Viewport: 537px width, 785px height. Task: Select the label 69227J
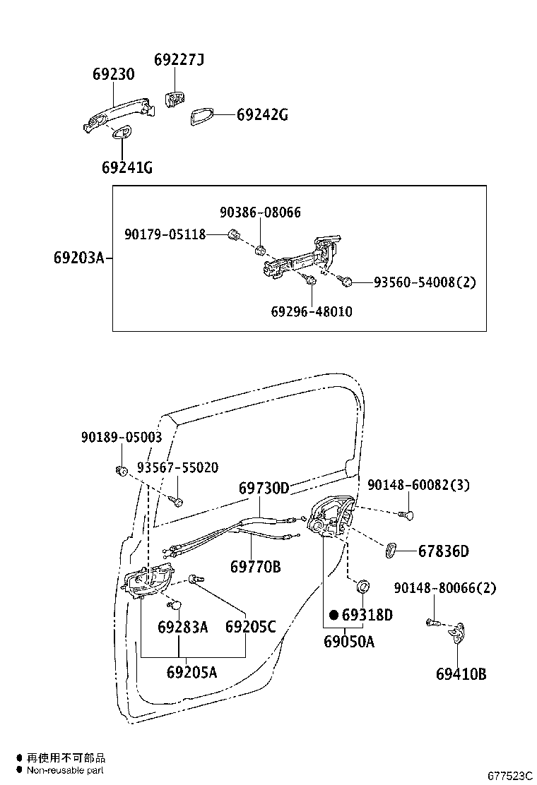click(x=179, y=60)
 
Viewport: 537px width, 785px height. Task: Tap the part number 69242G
click(x=261, y=115)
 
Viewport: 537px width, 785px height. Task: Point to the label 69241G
click(x=126, y=167)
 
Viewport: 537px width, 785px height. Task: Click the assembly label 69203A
click(x=78, y=258)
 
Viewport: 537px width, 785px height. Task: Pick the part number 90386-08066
click(x=259, y=212)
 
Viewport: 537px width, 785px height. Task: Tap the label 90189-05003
click(x=121, y=438)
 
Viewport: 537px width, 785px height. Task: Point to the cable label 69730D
click(x=264, y=488)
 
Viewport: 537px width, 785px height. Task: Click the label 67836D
click(x=443, y=551)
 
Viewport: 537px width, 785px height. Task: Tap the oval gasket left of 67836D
click(x=391, y=551)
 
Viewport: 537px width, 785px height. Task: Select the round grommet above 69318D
click(x=363, y=585)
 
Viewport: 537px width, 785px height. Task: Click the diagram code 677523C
click(x=509, y=775)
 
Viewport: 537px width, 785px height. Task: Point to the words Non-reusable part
click(x=66, y=770)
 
